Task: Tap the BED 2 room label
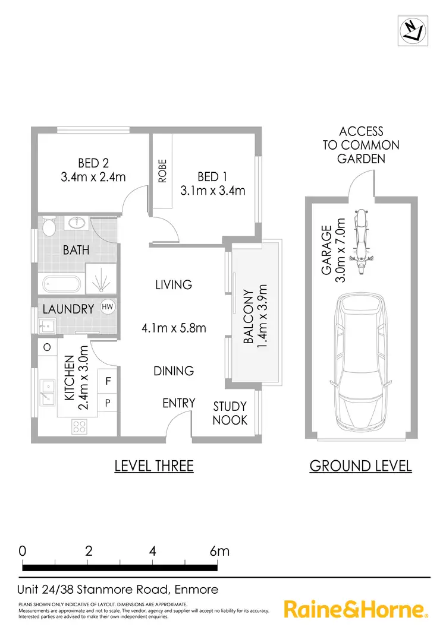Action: click(x=93, y=170)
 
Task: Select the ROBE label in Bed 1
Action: click(x=162, y=171)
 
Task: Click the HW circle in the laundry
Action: click(x=108, y=307)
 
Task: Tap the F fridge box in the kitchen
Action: click(x=108, y=381)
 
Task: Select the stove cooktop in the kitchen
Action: click(x=78, y=426)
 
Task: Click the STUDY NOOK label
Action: click(x=230, y=413)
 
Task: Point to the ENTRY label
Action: click(x=179, y=404)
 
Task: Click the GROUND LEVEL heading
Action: click(x=360, y=466)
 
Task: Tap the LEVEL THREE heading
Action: click(x=154, y=466)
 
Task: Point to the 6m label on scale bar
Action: click(x=219, y=550)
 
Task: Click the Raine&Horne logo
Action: click(x=356, y=610)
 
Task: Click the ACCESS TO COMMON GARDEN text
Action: click(x=361, y=145)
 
